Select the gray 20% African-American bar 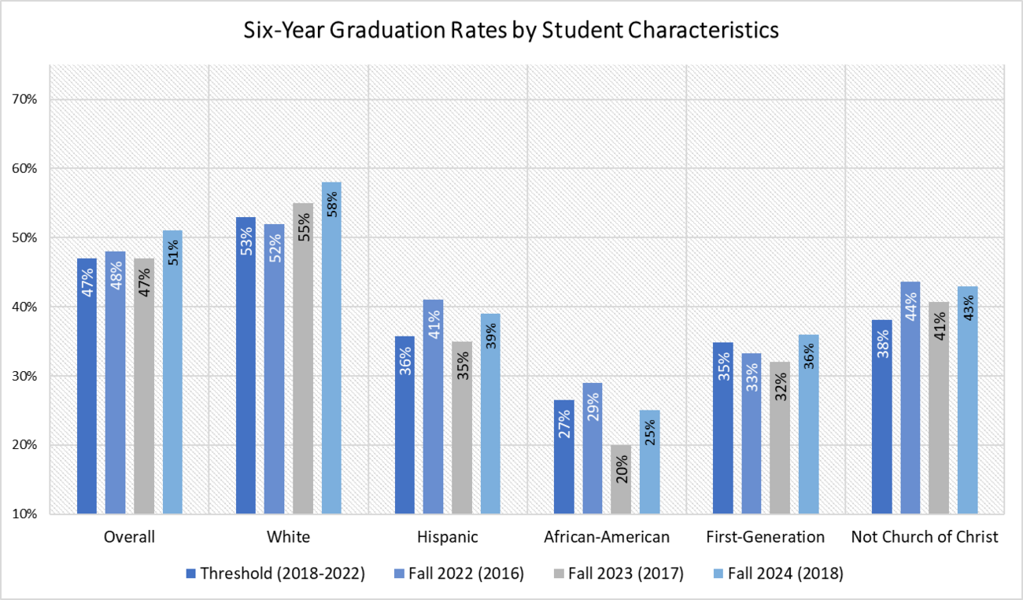click(621, 480)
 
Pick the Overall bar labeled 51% click(172, 370)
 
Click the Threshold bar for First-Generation click(722, 429)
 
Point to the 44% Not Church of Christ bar click(910, 397)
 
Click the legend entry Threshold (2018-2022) click(275, 573)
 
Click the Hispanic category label click(448, 537)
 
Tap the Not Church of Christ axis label click(925, 537)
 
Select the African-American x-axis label click(607, 537)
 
